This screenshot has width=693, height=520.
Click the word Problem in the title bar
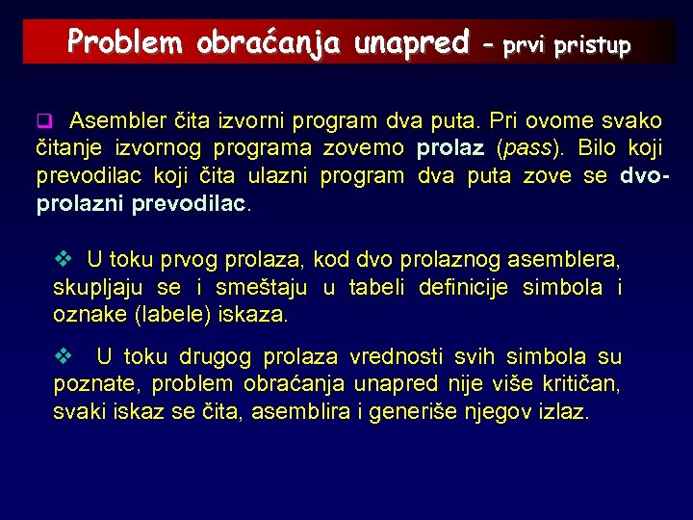pos(124,42)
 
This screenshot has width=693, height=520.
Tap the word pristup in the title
pos(593,44)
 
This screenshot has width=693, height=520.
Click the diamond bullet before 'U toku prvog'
pos(64,259)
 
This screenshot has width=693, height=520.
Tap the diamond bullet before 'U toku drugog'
pos(64,357)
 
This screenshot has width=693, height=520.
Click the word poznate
pos(88,385)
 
